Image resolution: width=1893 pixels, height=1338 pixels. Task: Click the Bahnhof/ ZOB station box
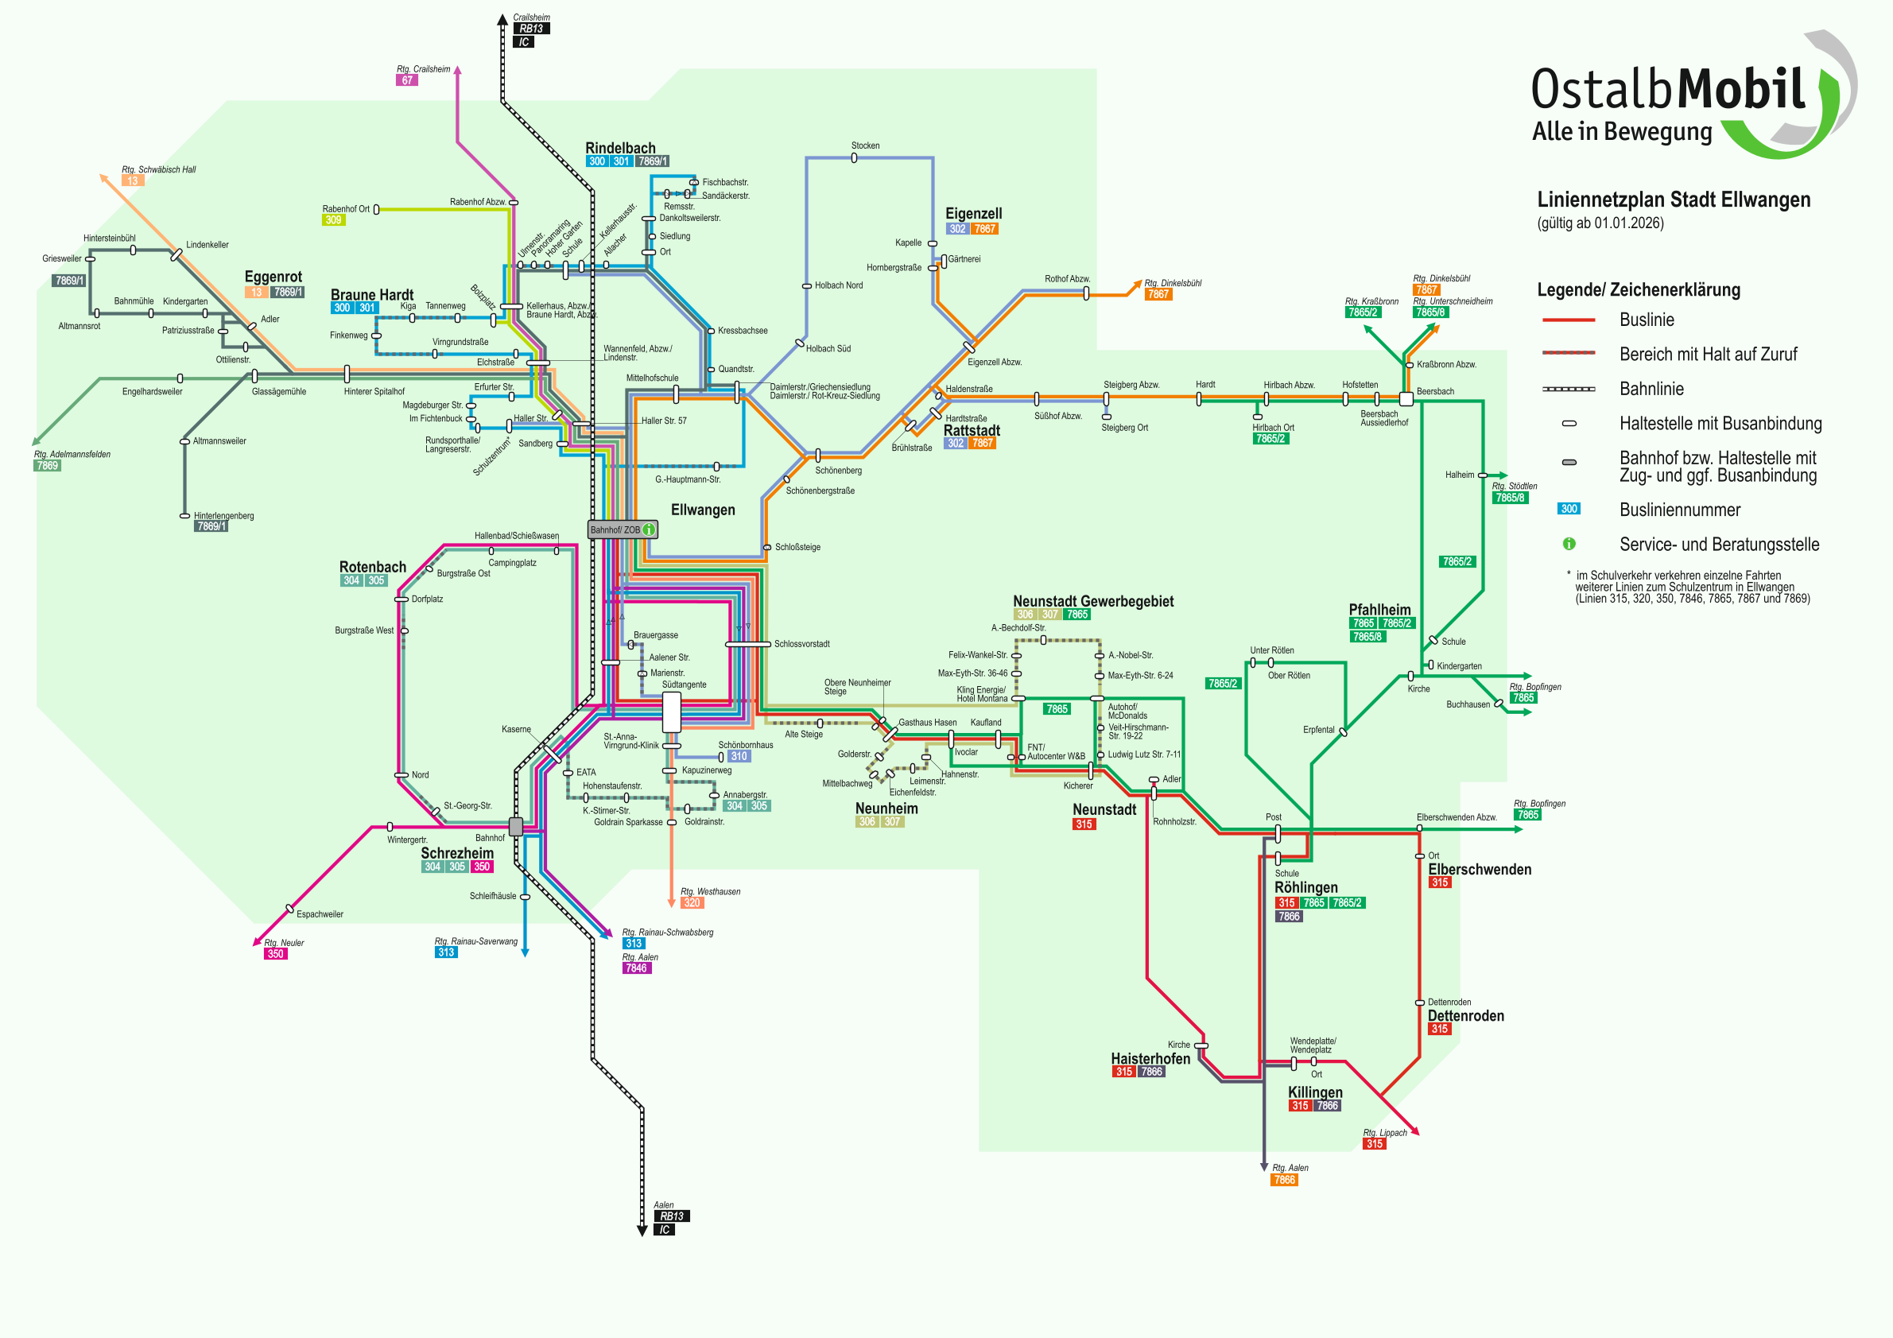coord(615,529)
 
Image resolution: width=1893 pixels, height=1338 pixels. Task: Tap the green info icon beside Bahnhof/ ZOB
coord(649,529)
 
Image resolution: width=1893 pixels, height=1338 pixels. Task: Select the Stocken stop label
coord(865,146)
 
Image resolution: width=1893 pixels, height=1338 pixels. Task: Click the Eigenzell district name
coord(973,214)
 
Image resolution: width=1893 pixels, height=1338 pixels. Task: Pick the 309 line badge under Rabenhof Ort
coord(333,220)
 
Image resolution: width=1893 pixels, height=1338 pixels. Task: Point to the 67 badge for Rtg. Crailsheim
coord(406,81)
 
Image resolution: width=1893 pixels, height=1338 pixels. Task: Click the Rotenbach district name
coord(373,567)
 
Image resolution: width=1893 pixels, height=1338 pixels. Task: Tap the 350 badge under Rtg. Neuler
coord(275,954)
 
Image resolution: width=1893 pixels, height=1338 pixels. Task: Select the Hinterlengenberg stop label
coord(223,516)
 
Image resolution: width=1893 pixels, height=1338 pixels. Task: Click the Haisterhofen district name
coord(1150,1058)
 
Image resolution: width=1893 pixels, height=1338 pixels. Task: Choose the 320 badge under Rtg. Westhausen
coord(692,902)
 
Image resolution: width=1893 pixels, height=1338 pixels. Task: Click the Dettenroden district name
coord(1465,1016)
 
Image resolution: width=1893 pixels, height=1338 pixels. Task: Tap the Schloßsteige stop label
coord(797,548)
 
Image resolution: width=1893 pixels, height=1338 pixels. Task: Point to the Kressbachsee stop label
coord(742,331)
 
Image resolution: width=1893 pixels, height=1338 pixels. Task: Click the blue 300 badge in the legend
coord(1568,509)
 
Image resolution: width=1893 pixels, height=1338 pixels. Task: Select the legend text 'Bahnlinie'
coord(1651,389)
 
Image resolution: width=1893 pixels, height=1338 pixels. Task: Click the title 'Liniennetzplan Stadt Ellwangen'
coord(1673,200)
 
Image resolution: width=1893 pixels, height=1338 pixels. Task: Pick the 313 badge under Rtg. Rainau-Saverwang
coord(446,952)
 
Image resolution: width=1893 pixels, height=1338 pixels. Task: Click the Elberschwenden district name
coord(1479,870)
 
